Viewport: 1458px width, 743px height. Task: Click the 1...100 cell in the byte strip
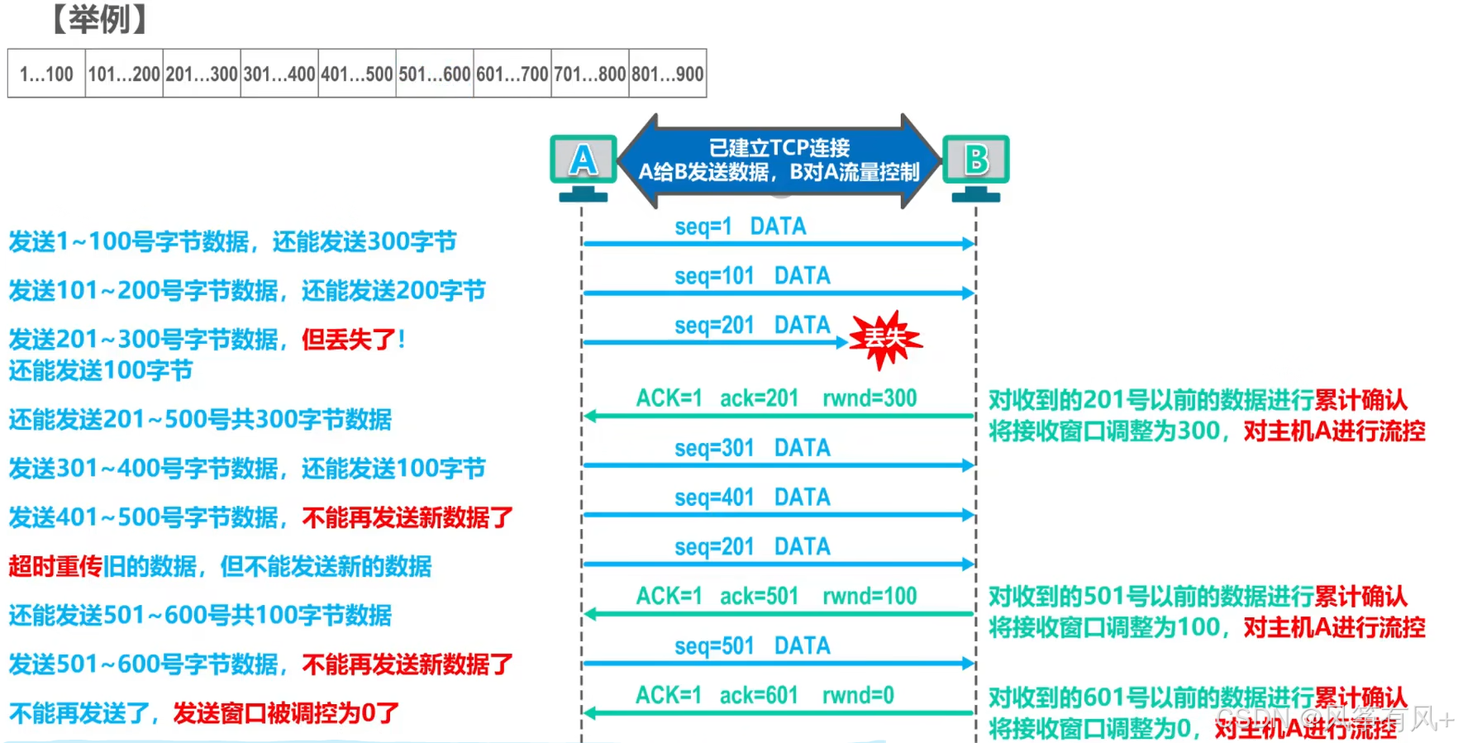pos(46,74)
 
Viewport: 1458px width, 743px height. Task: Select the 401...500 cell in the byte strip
pos(357,74)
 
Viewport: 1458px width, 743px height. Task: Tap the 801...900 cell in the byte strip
pos(668,74)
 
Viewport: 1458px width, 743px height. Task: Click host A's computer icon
pos(584,164)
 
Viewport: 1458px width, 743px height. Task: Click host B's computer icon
pos(976,164)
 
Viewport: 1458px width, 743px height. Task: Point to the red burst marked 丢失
pos(885,338)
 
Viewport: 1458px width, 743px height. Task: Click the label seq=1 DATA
pos(740,226)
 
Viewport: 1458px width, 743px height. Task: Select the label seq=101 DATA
pos(752,276)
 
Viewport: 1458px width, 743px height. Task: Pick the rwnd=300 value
pos(870,398)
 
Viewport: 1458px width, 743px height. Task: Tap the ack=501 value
pos(759,596)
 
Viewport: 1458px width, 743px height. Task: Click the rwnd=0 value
pos(858,695)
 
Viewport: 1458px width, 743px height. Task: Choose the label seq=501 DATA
pos(752,645)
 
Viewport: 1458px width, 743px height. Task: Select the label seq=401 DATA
pos(752,498)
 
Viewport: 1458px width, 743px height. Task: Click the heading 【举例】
pos(99,19)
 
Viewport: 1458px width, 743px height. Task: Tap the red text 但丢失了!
pos(353,339)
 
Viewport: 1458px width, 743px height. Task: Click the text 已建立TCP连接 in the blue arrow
pos(779,148)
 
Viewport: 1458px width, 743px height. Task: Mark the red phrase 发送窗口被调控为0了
pos(286,712)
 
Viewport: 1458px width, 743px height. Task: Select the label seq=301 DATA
pos(752,448)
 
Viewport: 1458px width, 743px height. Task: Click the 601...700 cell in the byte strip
pos(512,74)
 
